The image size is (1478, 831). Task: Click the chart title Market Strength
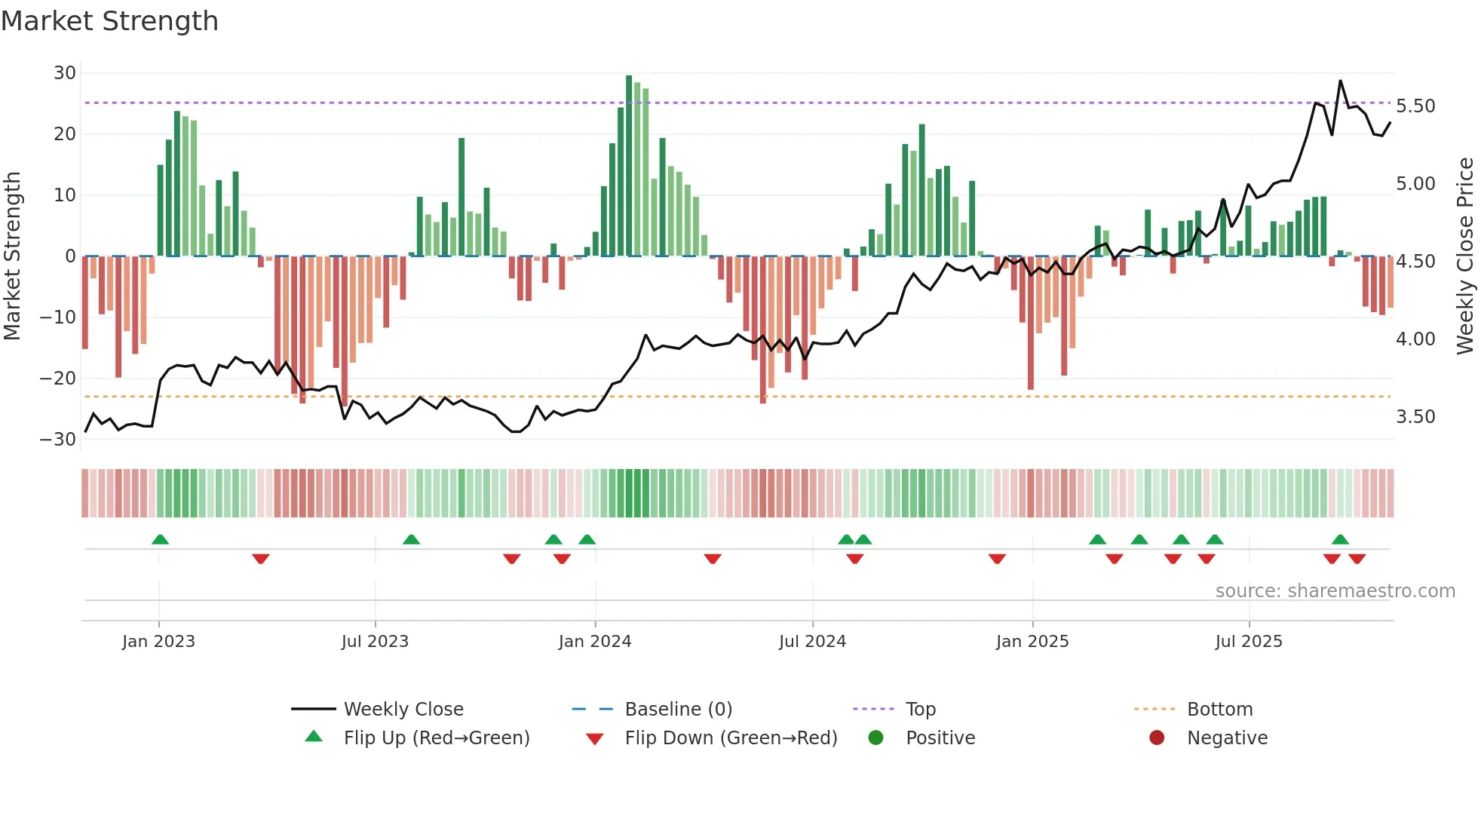pyautogui.click(x=109, y=21)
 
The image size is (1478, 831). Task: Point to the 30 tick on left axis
pyautogui.click(x=65, y=73)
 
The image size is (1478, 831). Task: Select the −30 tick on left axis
pyautogui.click(x=59, y=440)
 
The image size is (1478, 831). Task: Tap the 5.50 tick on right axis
pyautogui.click(x=1415, y=106)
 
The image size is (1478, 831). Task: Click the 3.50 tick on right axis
pyautogui.click(x=1415, y=417)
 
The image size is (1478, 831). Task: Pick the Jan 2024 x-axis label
pyautogui.click(x=594, y=642)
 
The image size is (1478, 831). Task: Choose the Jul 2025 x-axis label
pyautogui.click(x=1248, y=642)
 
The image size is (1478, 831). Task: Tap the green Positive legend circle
pyautogui.click(x=875, y=737)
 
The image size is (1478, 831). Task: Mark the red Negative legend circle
pyautogui.click(x=1157, y=737)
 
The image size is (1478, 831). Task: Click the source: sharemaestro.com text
pyautogui.click(x=1335, y=591)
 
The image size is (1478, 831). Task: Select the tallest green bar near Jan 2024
pyautogui.click(x=629, y=166)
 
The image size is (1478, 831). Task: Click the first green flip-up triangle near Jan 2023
pyautogui.click(x=160, y=539)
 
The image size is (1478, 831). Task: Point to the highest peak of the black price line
pyautogui.click(x=1340, y=81)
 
